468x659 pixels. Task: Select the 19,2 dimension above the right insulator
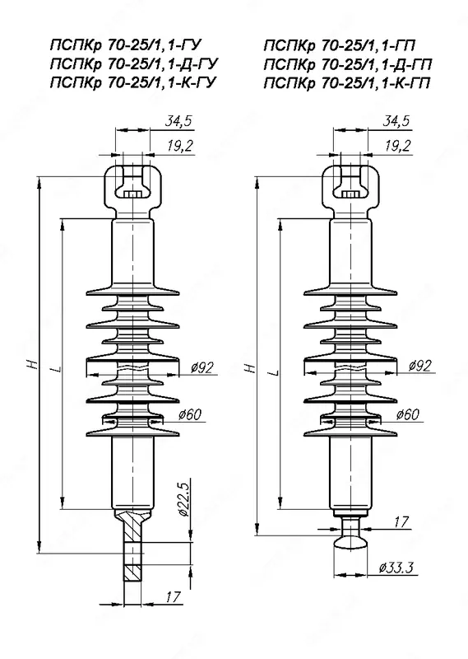397,145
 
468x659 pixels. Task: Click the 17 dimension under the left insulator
173,597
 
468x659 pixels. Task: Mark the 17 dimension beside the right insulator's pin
401,521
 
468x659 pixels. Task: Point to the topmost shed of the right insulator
350,290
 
